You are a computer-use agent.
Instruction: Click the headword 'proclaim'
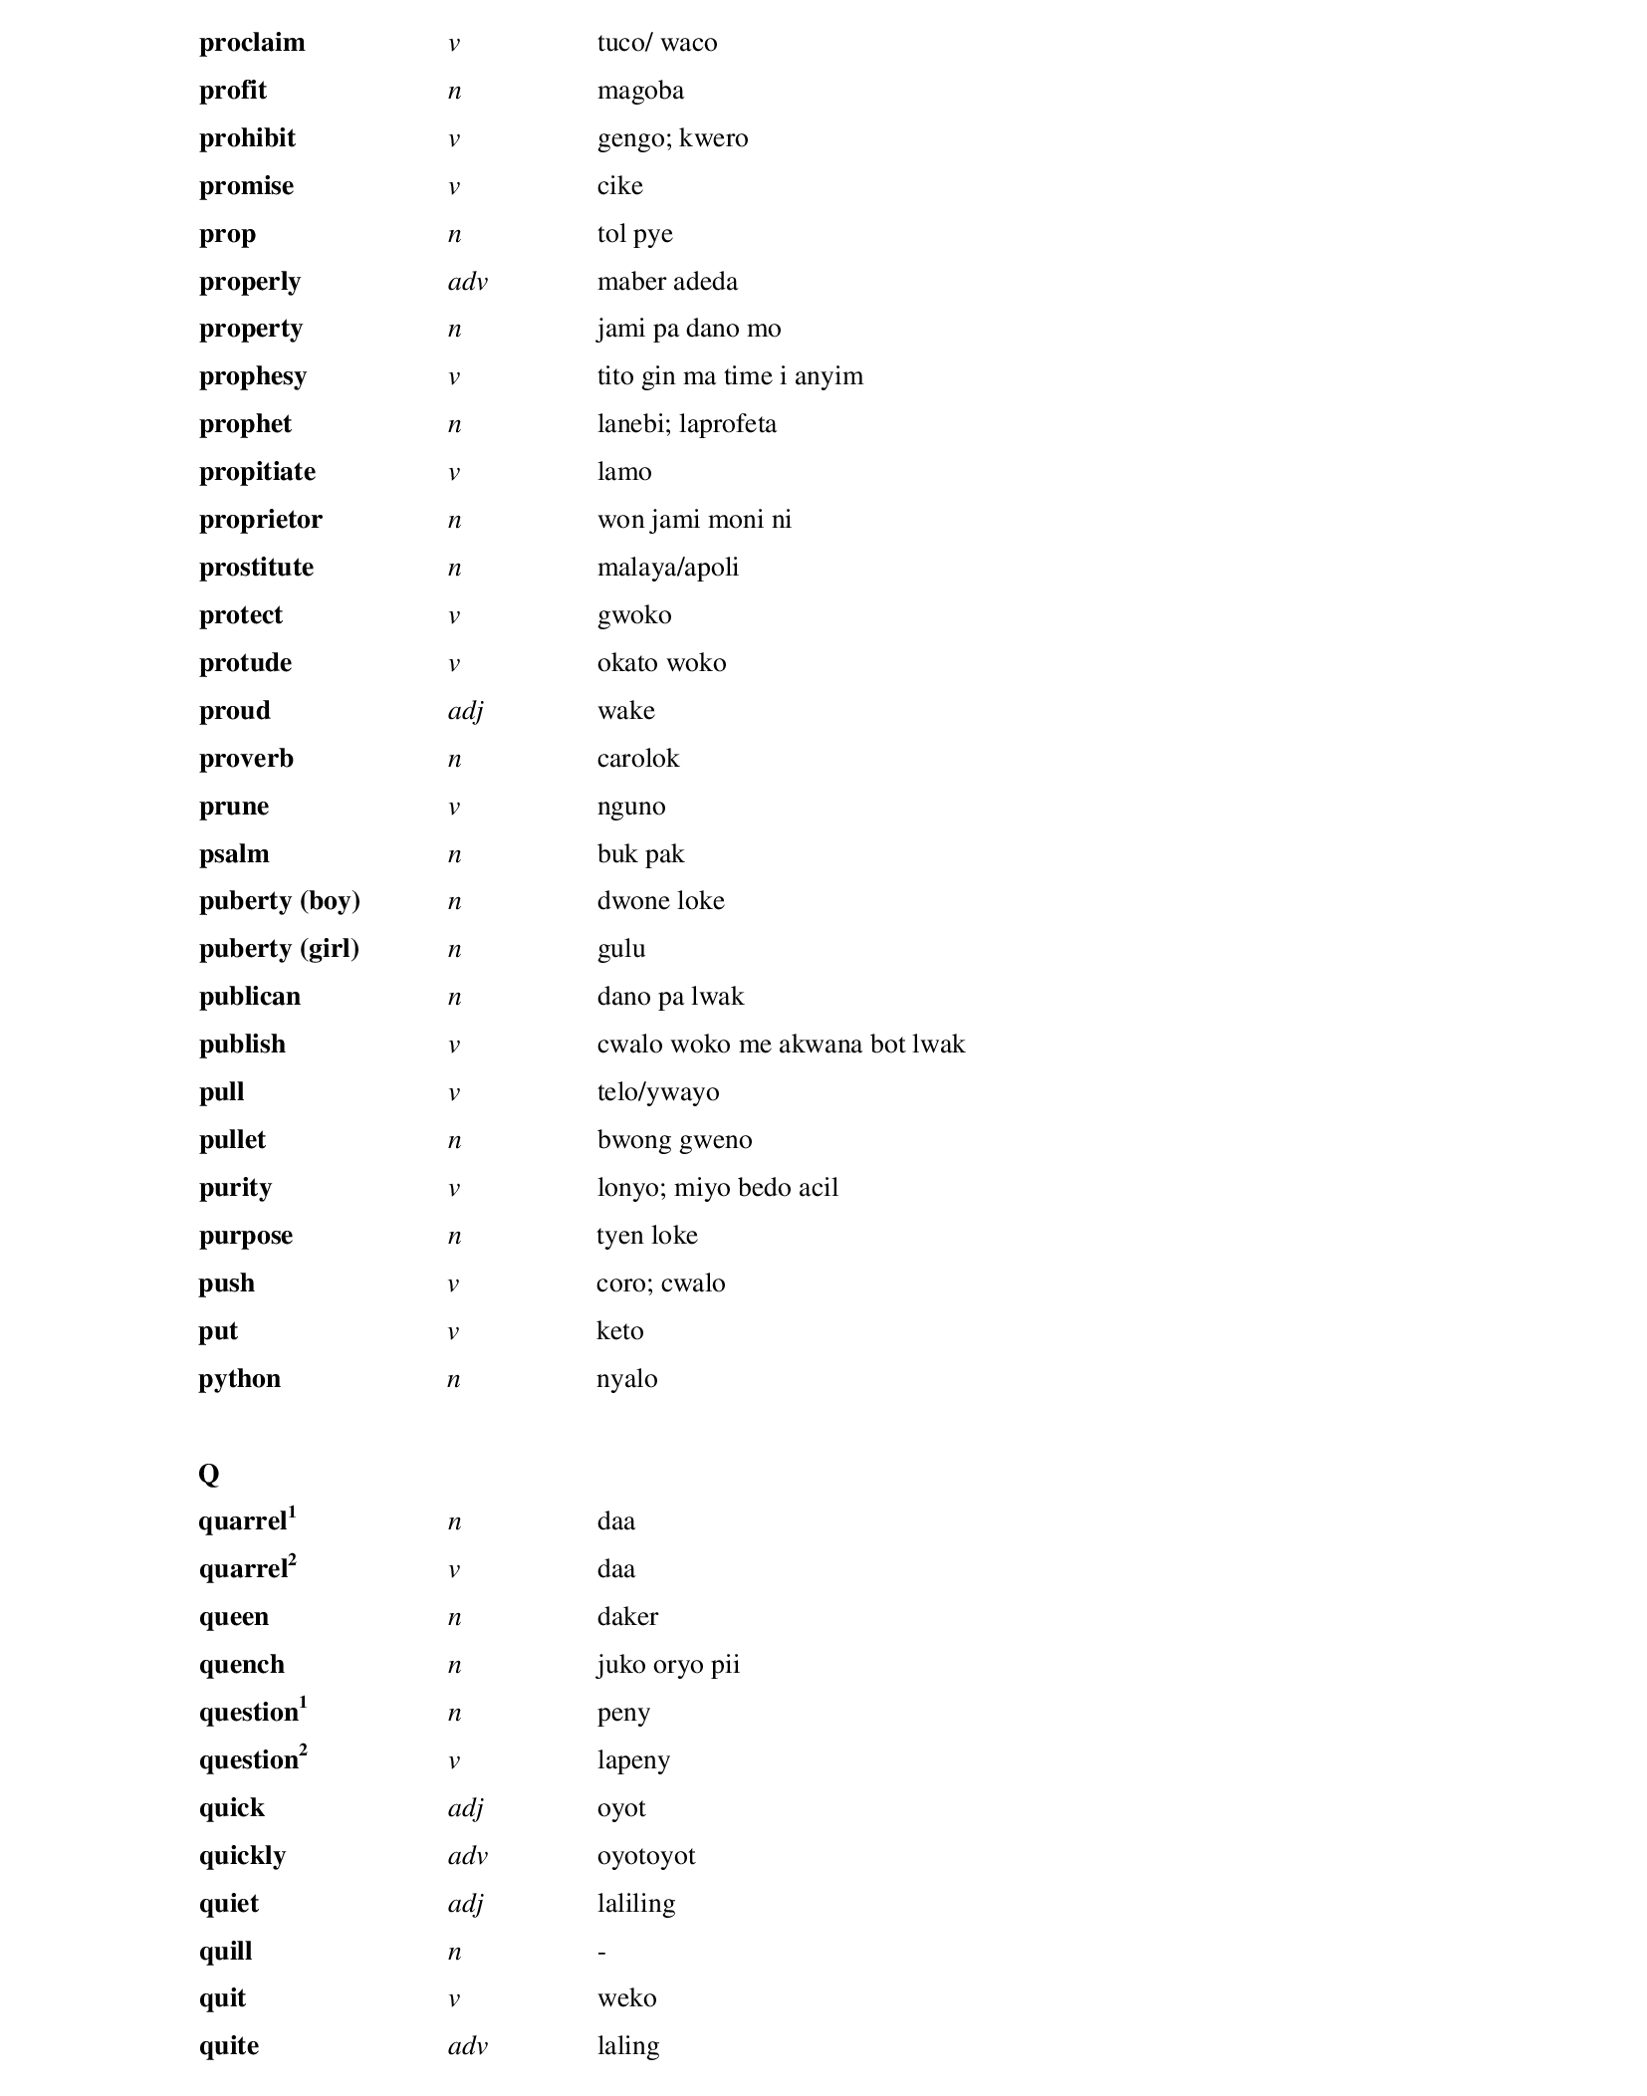252,43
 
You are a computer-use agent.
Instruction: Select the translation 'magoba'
640,91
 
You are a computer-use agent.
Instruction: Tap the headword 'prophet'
245,424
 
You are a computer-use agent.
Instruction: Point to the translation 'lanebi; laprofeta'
686,424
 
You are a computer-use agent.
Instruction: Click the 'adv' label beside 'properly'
467,282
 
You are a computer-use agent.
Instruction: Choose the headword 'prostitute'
256,568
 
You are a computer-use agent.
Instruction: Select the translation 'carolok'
637,759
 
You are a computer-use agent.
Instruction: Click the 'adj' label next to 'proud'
465,711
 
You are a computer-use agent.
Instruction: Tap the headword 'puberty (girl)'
279,949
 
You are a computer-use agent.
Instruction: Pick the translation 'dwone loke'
660,901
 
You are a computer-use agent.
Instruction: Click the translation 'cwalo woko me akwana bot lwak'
781,1045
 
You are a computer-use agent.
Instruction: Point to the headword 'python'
239,1379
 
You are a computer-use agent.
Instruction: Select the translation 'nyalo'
626,1379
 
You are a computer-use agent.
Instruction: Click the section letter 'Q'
208,1474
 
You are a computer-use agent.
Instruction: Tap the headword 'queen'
233,1617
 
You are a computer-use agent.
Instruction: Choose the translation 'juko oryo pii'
668,1665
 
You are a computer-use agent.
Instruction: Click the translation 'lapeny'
633,1760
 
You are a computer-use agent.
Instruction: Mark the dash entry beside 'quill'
601,1952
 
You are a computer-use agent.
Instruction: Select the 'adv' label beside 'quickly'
467,1856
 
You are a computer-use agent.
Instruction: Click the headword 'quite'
228,2046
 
